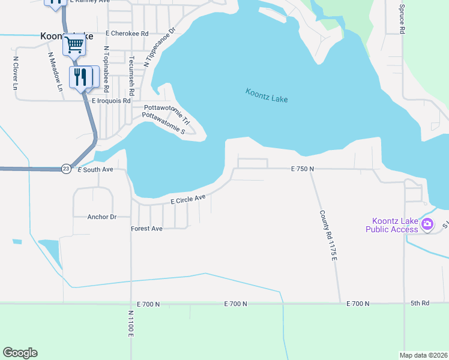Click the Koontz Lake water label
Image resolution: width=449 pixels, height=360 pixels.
[x=267, y=95]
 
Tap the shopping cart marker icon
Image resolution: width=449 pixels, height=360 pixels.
[x=74, y=44]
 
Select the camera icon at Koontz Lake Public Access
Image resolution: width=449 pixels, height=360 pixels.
[x=427, y=225]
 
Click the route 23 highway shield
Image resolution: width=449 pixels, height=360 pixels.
[x=65, y=170]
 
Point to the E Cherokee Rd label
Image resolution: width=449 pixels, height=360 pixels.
[x=127, y=34]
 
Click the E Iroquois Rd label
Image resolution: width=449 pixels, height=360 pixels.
[x=110, y=101]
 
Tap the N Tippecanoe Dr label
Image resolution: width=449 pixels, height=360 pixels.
[x=158, y=46]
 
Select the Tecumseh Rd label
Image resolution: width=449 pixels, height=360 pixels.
[x=132, y=74]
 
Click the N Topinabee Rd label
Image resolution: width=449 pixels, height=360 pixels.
[x=106, y=69]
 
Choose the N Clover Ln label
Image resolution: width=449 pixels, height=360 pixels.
[x=16, y=73]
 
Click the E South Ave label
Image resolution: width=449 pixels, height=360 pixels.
[x=95, y=170]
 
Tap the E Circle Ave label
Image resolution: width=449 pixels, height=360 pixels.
[x=188, y=199]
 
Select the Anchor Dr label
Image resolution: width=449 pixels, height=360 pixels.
[x=101, y=217]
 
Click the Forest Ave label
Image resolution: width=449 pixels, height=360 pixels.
[x=146, y=229]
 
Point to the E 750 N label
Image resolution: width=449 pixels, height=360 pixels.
[x=303, y=169]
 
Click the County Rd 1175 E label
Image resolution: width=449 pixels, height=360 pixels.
[x=327, y=235]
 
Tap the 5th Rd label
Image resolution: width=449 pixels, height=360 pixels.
[x=420, y=304]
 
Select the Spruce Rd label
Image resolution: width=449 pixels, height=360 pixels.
[x=402, y=20]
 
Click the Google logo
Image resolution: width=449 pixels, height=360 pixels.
[x=20, y=353]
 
